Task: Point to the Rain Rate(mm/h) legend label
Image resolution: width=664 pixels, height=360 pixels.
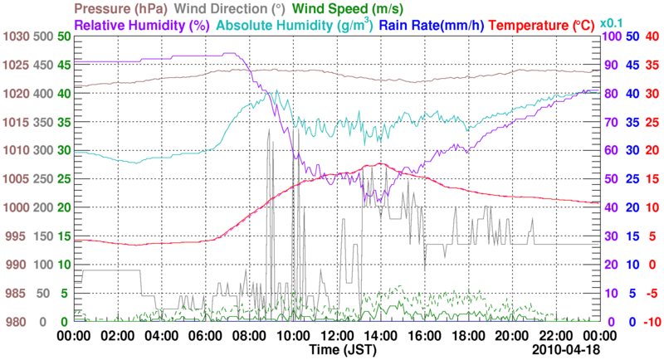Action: [432, 26]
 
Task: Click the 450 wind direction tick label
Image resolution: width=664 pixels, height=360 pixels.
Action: [44, 65]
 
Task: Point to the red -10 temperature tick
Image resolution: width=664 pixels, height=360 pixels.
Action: [651, 322]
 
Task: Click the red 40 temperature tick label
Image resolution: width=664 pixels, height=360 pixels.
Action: [652, 36]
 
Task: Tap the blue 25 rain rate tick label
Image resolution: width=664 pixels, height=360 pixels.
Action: [632, 179]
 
